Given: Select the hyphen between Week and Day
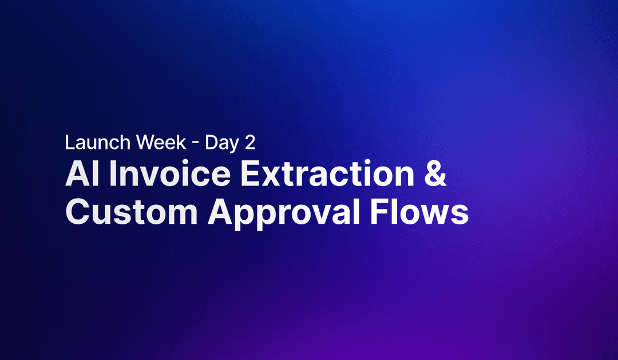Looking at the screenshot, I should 196,144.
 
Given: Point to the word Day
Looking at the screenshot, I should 222,143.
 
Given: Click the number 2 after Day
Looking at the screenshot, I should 249,143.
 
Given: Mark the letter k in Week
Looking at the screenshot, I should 181,143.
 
